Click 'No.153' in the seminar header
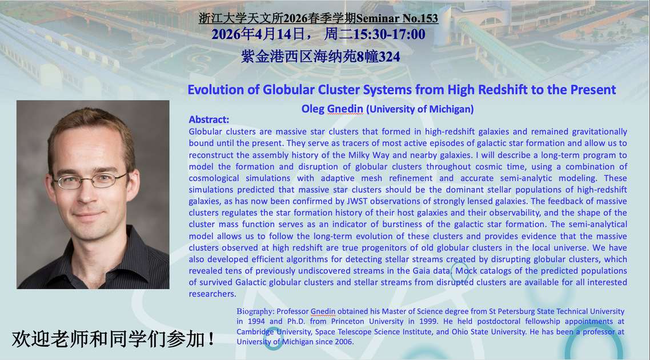pyautogui.click(x=418, y=18)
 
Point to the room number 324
pyautogui.click(x=389, y=57)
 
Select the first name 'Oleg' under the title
pyautogui.click(x=312, y=109)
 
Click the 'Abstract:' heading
pyautogui.click(x=209, y=119)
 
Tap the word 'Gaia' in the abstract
pyautogui.click(x=421, y=271)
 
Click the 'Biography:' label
pyautogui.click(x=255, y=311)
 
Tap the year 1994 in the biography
pyautogui.click(x=256, y=321)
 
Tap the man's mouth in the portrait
pyautogui.click(x=89, y=216)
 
